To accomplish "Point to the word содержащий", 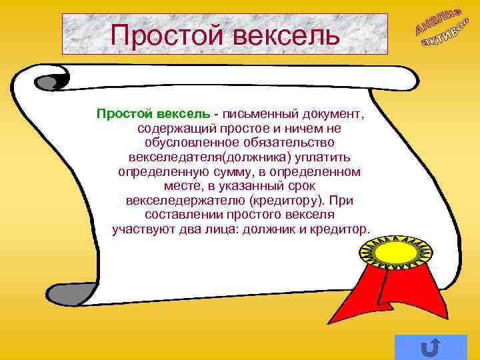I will (170, 127).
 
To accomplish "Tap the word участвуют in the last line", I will (140, 230).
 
